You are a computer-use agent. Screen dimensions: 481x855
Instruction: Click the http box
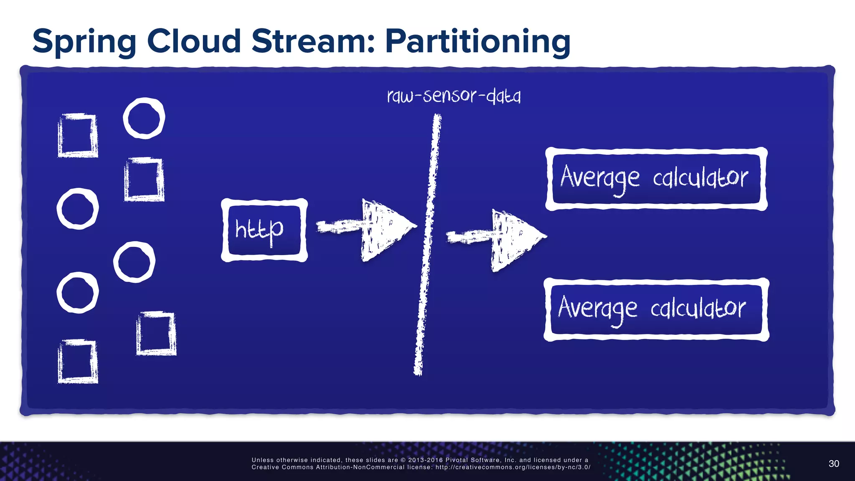click(264, 230)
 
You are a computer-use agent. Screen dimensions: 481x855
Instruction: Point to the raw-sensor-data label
click(454, 96)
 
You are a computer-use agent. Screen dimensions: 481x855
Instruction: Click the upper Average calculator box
click(656, 179)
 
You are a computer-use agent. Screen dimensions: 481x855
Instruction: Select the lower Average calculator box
click(656, 309)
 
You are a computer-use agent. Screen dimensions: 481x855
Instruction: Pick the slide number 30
click(833, 463)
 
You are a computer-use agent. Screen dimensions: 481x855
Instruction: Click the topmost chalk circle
click(144, 118)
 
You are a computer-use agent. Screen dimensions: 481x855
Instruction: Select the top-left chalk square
click(78, 135)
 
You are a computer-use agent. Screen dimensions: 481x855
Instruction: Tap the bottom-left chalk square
click(78, 362)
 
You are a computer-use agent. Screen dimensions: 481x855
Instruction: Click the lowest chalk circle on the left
click(78, 293)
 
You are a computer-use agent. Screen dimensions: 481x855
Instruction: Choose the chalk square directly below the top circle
click(144, 180)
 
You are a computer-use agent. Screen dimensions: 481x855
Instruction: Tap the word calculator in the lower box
click(698, 309)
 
